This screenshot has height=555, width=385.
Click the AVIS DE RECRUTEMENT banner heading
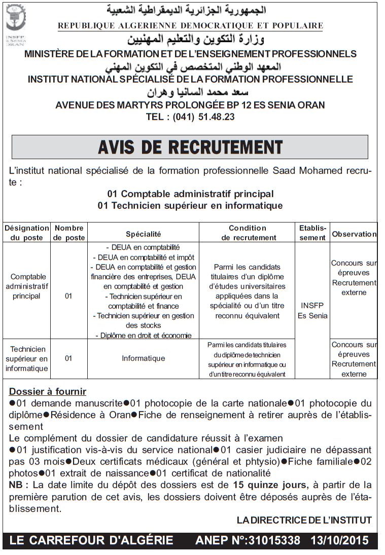(190, 147)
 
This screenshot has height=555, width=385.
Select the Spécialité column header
(144, 234)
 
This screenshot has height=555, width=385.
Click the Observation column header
(354, 234)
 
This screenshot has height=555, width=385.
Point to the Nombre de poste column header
(69, 233)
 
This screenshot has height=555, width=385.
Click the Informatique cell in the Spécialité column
(144, 358)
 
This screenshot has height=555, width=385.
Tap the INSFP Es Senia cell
(312, 311)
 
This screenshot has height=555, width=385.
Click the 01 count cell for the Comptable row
(69, 296)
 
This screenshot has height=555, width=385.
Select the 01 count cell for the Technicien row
(69, 358)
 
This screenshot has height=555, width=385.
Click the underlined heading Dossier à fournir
(48, 392)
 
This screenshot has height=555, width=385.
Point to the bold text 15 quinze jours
(270, 485)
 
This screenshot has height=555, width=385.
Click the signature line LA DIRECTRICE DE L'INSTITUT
(304, 520)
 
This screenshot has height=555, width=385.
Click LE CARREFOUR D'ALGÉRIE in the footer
(91, 540)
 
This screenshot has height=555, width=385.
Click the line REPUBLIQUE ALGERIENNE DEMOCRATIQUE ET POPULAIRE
(190, 25)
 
